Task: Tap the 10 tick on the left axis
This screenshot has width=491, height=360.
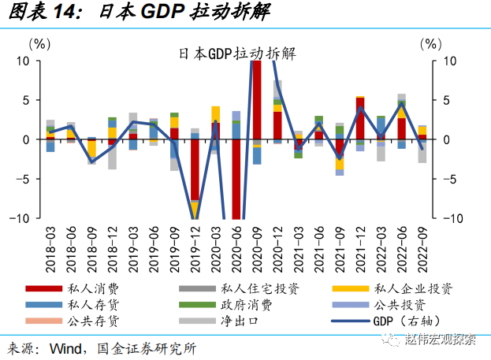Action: (22, 61)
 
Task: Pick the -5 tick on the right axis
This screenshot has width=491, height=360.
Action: (450, 179)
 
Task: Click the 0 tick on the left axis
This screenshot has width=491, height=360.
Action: (26, 139)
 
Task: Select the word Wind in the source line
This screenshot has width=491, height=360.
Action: (66, 347)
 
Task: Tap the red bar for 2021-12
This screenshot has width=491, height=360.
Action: (360, 118)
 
